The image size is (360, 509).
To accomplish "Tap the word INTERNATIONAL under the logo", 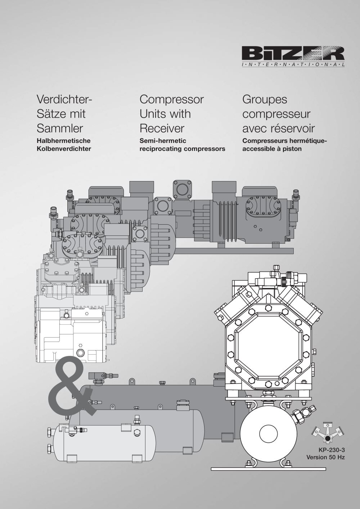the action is [x=293, y=65].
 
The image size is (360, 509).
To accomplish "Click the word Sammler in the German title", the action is [x=60, y=128].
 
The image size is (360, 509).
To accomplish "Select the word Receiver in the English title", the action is [x=162, y=128].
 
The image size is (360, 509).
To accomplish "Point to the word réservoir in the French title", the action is [x=293, y=128].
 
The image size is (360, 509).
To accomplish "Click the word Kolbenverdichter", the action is [x=64, y=149].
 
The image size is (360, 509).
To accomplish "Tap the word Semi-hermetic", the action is [x=163, y=141].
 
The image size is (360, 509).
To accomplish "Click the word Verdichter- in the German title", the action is [x=64, y=99].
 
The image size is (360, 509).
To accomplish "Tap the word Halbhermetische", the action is [x=64, y=141].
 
